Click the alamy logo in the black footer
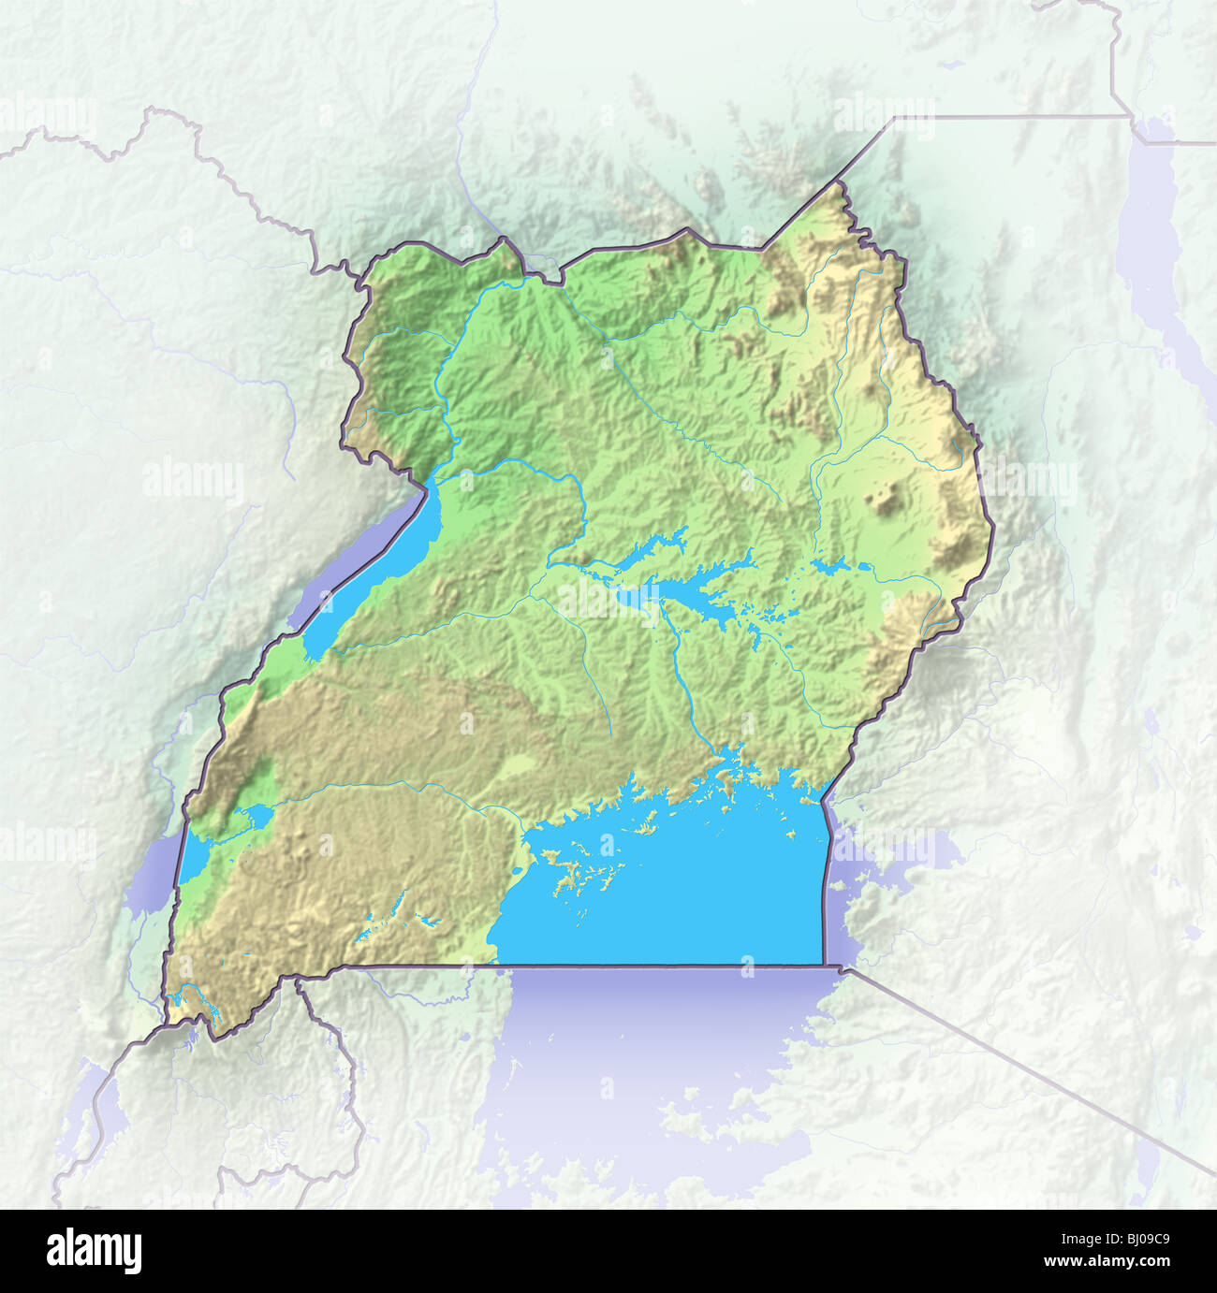[x=95, y=1250]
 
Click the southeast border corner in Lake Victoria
[x=825, y=964]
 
